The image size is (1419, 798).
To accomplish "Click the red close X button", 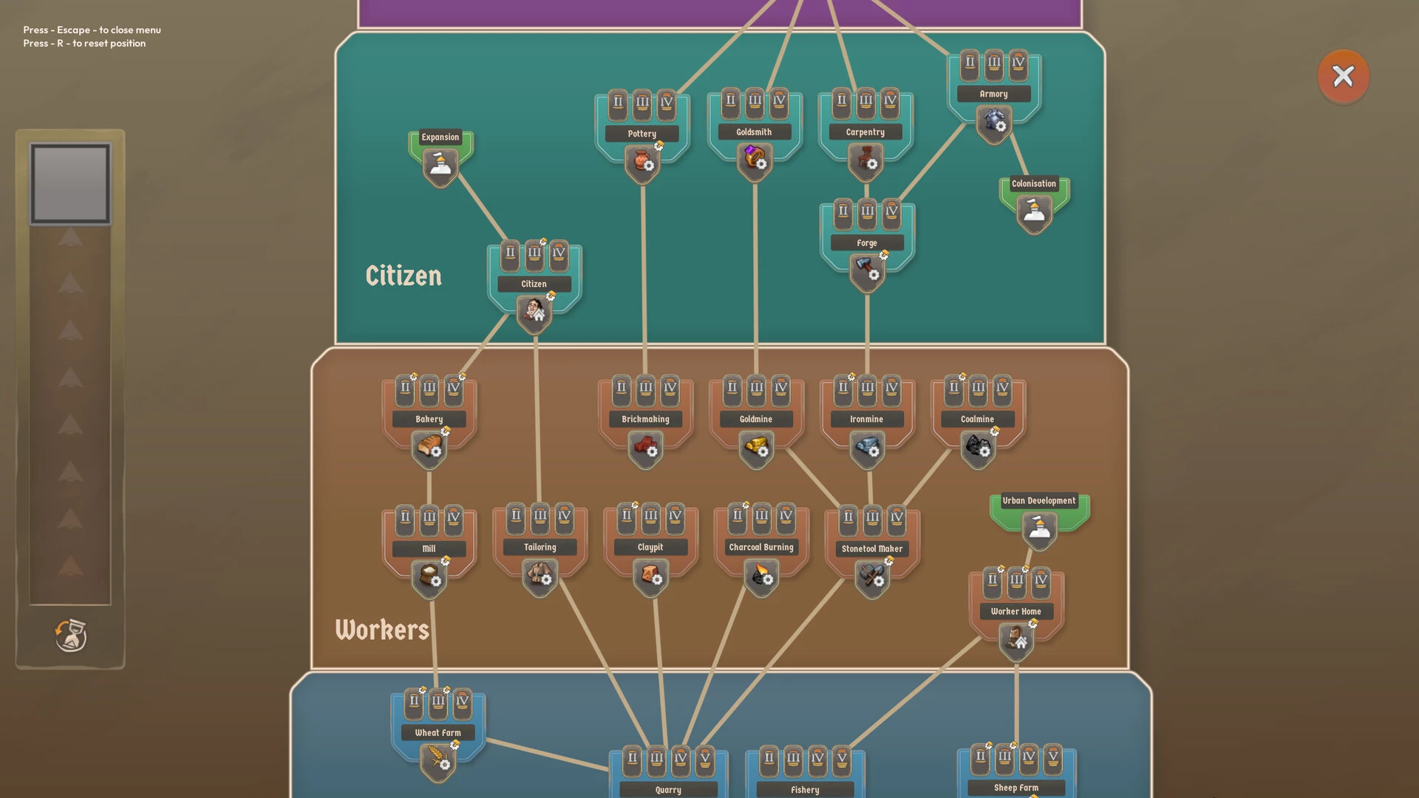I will point(1343,76).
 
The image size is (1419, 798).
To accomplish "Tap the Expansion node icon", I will point(440,166).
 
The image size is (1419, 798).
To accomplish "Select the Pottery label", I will point(642,134).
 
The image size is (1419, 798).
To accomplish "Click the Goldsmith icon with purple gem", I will point(754,158).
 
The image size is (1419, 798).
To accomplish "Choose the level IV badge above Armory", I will point(1018,64).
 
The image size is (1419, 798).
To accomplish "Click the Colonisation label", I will point(1033,184).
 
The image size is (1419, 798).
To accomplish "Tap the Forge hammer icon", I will point(866,270).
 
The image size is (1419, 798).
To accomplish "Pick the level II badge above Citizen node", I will point(510,253).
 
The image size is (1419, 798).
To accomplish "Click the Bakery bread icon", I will point(429,447).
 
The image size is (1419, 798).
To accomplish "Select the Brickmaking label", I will point(645,419).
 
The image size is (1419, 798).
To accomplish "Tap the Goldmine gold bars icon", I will point(756,447).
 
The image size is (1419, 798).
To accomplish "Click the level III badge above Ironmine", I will point(867,389).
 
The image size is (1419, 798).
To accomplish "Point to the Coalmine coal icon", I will point(978,447).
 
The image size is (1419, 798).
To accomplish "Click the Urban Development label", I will point(1038,501).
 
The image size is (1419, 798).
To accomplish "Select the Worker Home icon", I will point(1016,638).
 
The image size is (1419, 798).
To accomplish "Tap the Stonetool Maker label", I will point(872,549).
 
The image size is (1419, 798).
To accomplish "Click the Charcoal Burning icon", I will point(761,576).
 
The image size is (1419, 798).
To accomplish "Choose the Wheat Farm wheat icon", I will point(438,760).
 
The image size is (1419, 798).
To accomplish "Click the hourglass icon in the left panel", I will point(71,635).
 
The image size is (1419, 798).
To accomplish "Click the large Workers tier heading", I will point(382,630).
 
